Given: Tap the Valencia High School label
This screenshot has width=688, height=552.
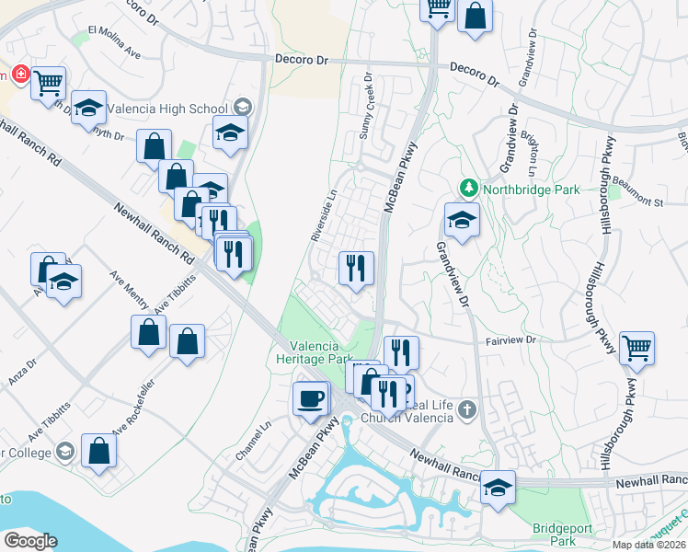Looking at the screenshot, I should pyautogui.click(x=167, y=109).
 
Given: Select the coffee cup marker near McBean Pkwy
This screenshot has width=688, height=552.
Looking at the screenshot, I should pyautogui.click(x=310, y=397).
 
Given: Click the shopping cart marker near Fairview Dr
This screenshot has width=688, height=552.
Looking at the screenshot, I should pyautogui.click(x=636, y=348).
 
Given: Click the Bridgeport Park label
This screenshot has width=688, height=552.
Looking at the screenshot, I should pyautogui.click(x=556, y=535).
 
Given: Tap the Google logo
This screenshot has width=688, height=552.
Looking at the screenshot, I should pyautogui.click(x=29, y=541).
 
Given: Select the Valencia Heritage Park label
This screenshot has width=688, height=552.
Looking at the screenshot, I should pyautogui.click(x=315, y=352).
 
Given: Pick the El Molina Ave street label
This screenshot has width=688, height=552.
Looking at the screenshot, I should pyautogui.click(x=114, y=42).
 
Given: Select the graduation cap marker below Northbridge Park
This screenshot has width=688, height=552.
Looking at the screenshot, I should pyautogui.click(x=461, y=221).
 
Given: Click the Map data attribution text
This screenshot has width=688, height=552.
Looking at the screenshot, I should pyautogui.click(x=649, y=545).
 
